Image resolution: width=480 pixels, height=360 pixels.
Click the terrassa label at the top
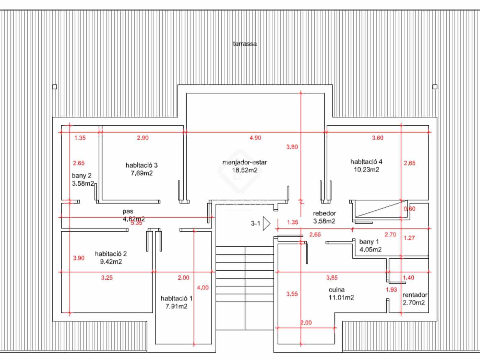coord(245,44)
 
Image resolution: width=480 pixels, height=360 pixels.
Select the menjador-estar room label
coord(244,162)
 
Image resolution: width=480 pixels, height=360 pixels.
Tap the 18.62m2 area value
coord(244,170)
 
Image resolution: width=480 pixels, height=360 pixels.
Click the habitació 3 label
coord(142,165)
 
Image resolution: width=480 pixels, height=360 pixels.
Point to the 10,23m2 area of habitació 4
coord(366,169)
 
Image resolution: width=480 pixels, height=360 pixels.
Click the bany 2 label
coord(82,175)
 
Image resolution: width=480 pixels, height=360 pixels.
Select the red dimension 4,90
coord(255,138)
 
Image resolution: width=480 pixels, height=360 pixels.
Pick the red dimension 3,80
coord(292,147)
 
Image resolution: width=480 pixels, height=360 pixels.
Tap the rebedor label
coord(324,213)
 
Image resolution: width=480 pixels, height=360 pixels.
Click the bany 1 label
coord(369,241)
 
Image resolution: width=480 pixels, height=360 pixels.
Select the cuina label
coord(337,289)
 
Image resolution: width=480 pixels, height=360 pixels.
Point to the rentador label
coord(415,295)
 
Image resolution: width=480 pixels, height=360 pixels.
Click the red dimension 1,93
coord(391,289)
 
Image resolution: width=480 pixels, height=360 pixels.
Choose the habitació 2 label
coord(111,253)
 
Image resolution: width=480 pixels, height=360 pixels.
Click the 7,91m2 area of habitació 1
coord(176,306)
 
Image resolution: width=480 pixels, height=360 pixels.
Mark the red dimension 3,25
coord(107,277)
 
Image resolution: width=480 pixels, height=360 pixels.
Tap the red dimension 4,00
coord(203,287)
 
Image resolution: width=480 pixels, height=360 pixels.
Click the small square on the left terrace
coord(55,87)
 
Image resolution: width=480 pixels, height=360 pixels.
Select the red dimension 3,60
coord(377,138)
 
